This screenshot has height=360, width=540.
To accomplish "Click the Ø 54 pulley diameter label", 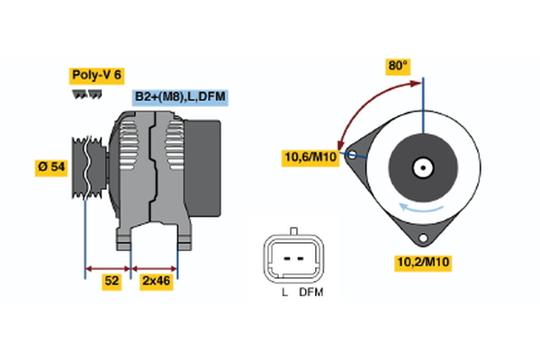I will (50, 168).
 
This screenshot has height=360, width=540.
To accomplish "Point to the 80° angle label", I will (398, 66).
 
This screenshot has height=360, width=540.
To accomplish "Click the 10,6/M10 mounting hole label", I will (310, 159).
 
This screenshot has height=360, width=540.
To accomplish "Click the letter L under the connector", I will (284, 293).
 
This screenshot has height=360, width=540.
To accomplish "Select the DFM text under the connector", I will (311, 293).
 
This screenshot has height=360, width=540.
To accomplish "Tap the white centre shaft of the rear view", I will (422, 167).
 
